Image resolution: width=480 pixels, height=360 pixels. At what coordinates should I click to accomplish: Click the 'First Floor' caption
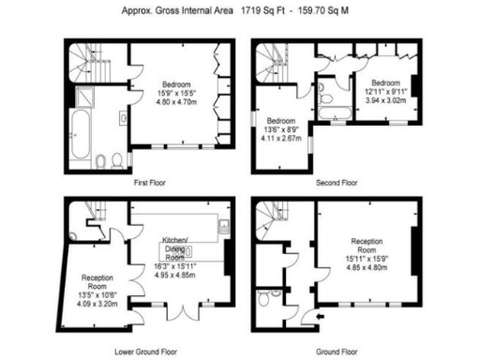[x=151, y=183]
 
